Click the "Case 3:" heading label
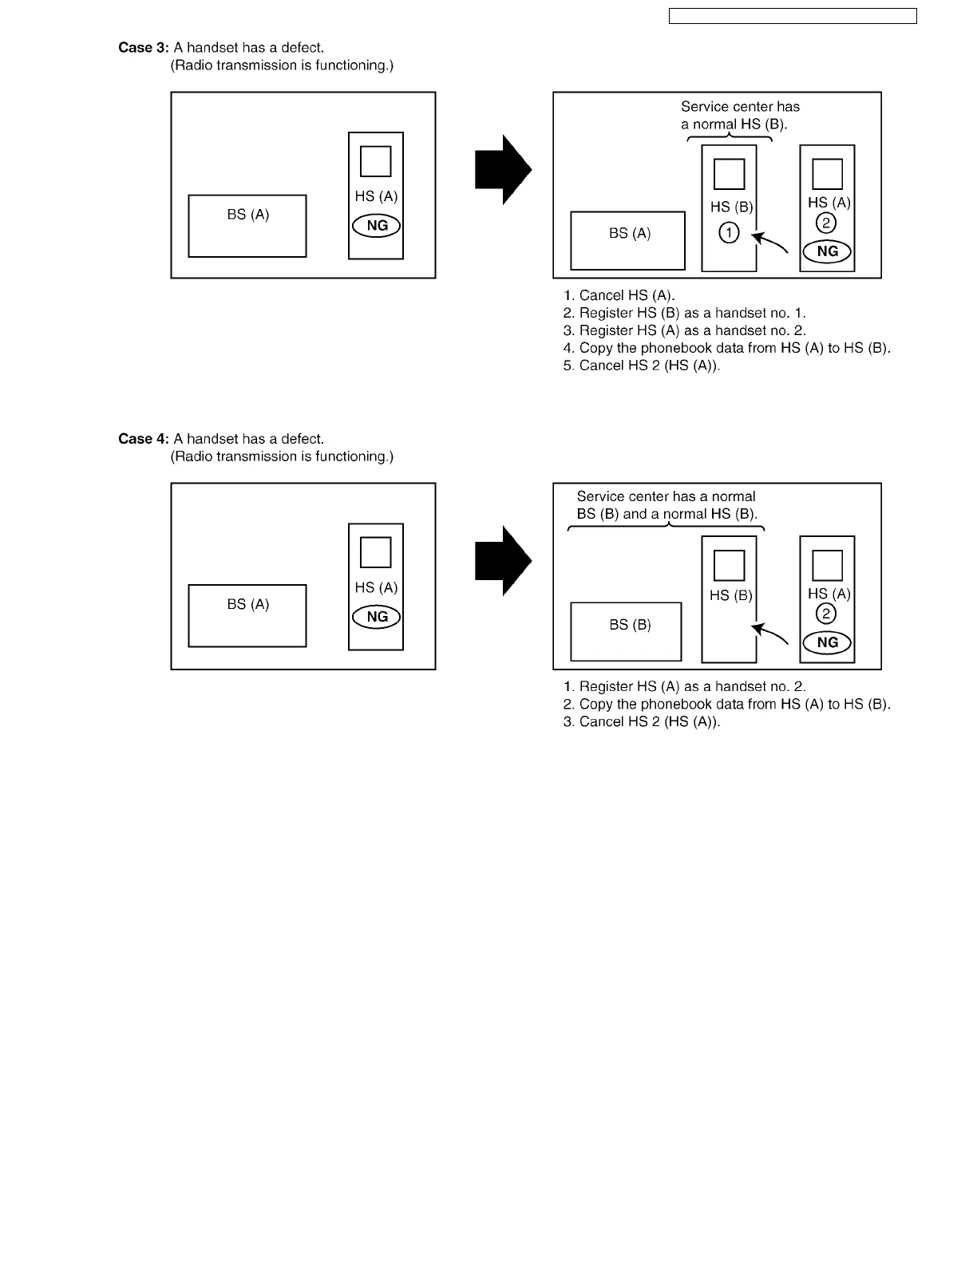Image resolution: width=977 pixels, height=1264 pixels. tap(144, 48)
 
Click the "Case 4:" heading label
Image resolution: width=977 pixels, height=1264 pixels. tap(144, 439)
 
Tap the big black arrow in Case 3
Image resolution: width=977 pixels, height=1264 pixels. tap(503, 170)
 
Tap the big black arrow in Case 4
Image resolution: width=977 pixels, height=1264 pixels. tap(503, 561)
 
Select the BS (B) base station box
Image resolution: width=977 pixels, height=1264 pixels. tap(626, 631)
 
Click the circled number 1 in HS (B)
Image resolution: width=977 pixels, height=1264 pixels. tap(729, 233)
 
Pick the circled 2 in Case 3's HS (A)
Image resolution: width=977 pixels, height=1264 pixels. tap(826, 223)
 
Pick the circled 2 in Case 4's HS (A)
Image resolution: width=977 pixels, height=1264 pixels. tap(826, 614)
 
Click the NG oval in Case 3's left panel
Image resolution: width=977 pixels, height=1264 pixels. tap(376, 226)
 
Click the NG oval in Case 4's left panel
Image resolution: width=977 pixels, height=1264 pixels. tap(376, 617)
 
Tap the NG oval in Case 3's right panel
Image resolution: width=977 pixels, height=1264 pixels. tap(827, 251)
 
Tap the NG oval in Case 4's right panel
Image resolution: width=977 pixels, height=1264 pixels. tap(827, 642)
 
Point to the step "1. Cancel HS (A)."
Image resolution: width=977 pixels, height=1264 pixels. tap(619, 295)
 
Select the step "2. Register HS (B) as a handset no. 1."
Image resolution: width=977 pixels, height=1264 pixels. tap(685, 313)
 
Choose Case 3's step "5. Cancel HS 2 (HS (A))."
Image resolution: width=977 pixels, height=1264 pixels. tap(642, 365)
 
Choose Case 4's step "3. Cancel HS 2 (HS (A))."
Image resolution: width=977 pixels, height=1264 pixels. tap(642, 721)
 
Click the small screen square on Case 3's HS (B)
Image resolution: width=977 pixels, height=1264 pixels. tap(729, 174)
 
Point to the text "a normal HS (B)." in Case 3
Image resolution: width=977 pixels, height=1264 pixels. tap(734, 124)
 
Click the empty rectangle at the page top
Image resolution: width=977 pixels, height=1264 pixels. tap(792, 16)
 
